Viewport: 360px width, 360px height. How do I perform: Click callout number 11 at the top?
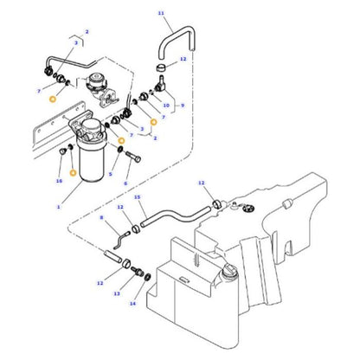click(160, 13)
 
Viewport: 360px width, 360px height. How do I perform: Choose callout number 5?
click(110, 174)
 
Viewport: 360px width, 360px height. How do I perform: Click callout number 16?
click(59, 181)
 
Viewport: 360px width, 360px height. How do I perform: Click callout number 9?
click(183, 106)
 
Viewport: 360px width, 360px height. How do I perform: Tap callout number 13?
click(117, 293)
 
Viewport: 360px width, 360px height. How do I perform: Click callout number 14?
click(133, 304)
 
